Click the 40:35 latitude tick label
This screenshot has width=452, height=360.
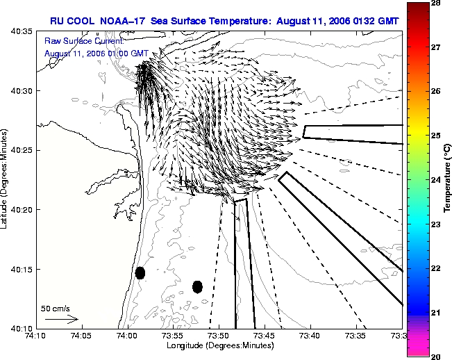pos(22,31)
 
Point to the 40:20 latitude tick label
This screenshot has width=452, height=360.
pos(22,210)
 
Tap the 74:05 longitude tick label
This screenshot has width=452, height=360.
pos(81,336)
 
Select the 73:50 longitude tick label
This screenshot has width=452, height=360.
pos(219,336)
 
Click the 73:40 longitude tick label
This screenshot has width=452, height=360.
pos(310,336)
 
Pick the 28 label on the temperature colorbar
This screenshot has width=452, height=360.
pos(435,3)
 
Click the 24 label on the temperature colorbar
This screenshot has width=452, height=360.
pos(435,180)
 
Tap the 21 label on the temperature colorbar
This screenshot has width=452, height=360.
pos(435,313)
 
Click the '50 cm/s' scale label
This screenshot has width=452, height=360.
pos(55,309)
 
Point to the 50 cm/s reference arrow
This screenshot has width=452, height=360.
pos(62,319)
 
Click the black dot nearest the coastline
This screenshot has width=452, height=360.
pos(140,273)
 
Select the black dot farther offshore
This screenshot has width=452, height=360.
pos(197,287)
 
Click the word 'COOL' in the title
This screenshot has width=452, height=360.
pos(81,21)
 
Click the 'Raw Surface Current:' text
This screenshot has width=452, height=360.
pos(84,41)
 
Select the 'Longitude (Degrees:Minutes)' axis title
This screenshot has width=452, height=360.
pos(220,345)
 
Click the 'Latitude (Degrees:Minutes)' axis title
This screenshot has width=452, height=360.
pos(4,179)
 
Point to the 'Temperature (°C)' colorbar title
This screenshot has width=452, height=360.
pos(447,179)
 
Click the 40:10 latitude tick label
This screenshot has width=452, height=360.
pos(22,329)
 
